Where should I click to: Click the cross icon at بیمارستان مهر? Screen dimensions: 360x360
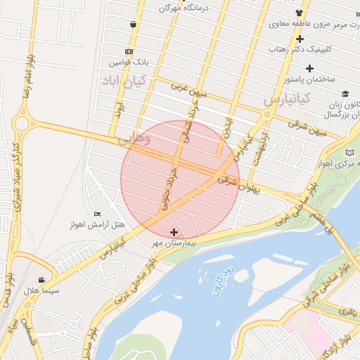[x=174, y=232]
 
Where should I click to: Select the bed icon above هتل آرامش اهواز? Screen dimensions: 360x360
[x=98, y=214]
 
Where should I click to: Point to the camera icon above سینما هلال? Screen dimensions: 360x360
[x=49, y=279]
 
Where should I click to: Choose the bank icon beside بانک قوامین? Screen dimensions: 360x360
[x=129, y=52]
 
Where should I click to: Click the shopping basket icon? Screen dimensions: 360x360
[x=133, y=25]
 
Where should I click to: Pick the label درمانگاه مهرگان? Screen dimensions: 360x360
[x=164, y=8]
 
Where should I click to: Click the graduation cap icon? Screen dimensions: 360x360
[x=345, y=94]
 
